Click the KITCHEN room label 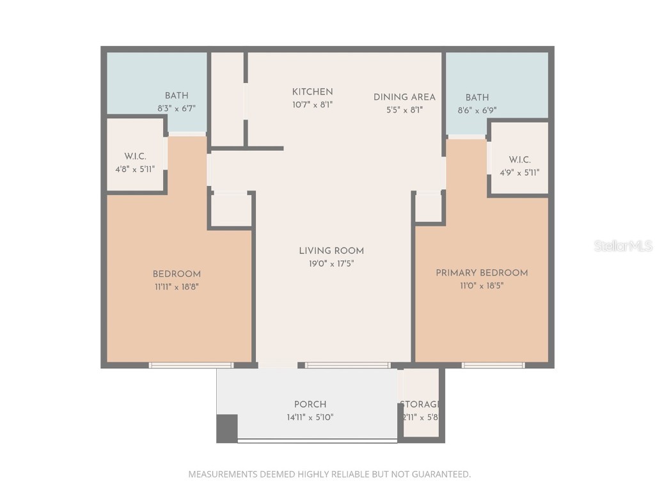(x=312, y=92)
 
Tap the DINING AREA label (x=404, y=97)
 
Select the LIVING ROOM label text (x=331, y=251)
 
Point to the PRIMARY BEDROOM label (x=482, y=273)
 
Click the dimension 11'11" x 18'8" (x=177, y=287)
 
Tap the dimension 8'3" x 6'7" (x=176, y=109)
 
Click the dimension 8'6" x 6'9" (x=477, y=110)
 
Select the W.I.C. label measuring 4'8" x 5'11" (x=135, y=157)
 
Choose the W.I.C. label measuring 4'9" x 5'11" (x=519, y=160)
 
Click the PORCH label (x=310, y=405)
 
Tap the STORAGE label (x=420, y=405)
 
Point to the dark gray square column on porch (x=227, y=428)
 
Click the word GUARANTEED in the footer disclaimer (x=438, y=474)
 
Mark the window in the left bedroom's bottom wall (x=191, y=366)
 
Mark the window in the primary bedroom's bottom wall (x=493, y=366)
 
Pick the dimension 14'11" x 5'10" (x=310, y=417)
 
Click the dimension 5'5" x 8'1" (x=404, y=110)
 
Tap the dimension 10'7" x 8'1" (x=312, y=104)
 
